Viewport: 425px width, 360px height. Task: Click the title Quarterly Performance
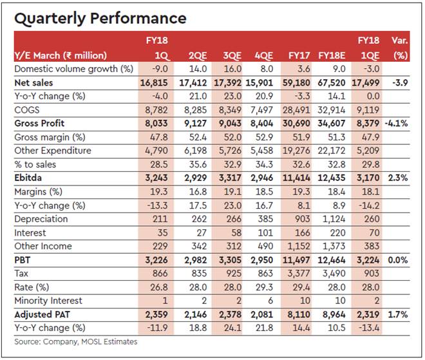100,19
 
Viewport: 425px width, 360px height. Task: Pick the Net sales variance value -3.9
398,83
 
